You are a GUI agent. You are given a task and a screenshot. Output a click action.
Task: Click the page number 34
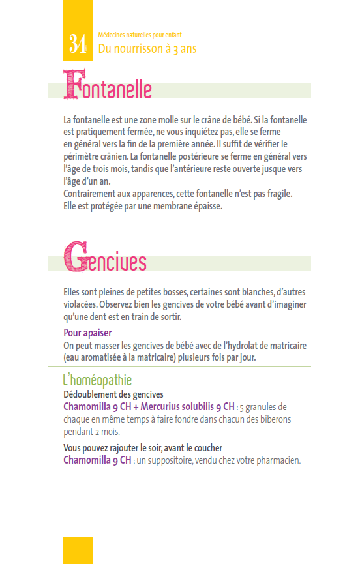(x=78, y=45)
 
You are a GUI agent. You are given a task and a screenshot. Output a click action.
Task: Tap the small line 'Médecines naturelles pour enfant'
(x=138, y=35)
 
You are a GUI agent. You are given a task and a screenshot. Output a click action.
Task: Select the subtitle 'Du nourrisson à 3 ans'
(x=147, y=48)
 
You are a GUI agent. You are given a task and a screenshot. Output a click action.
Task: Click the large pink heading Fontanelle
(x=108, y=88)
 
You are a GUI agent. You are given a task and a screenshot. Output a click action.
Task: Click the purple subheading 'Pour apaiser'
(x=87, y=333)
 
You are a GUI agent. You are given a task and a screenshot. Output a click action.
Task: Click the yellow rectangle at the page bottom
(x=78, y=550)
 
